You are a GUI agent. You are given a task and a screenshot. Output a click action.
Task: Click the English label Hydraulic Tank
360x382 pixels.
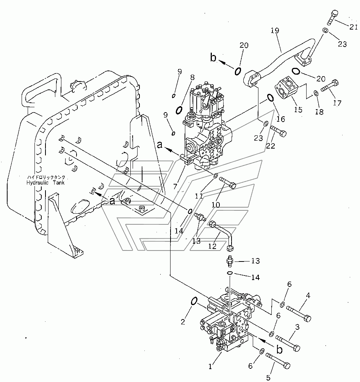click(45, 183)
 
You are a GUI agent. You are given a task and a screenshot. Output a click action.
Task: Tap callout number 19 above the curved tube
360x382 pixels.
click(275, 31)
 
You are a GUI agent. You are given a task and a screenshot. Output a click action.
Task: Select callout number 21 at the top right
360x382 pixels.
click(353, 27)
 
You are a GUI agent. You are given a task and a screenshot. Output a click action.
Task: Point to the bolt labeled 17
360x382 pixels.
click(330, 86)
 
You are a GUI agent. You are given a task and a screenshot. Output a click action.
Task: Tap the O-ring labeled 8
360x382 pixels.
click(179, 110)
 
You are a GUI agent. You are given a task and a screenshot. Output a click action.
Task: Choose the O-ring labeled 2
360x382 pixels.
click(194, 301)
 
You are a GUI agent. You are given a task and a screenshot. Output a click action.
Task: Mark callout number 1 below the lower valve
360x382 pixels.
click(210, 366)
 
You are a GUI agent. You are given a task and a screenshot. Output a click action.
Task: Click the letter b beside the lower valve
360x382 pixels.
click(280, 350)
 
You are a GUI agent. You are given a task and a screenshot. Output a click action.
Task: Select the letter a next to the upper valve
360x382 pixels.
click(160, 145)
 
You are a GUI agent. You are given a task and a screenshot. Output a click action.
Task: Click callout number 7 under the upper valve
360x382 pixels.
click(175, 186)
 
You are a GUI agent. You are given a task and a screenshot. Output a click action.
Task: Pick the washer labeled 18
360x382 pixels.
click(316, 93)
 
